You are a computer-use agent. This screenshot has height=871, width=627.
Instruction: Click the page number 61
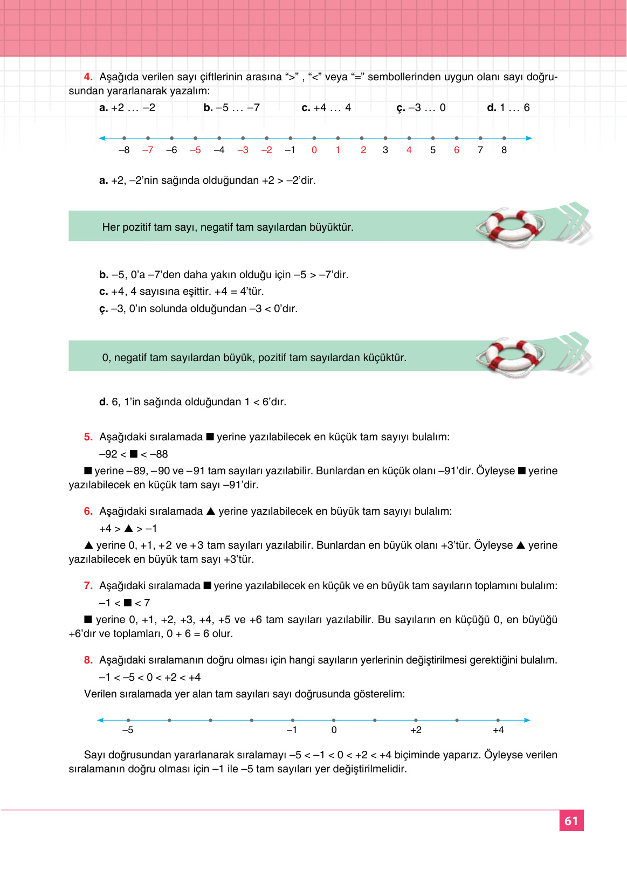(571, 821)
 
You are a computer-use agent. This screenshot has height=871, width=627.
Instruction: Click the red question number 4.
(88, 77)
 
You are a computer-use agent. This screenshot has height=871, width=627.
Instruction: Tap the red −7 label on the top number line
(148, 150)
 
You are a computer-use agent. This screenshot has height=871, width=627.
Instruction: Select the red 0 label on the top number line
(314, 150)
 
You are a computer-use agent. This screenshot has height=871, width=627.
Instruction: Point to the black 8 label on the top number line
(504, 150)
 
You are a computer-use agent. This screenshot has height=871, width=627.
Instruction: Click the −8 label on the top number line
(124, 150)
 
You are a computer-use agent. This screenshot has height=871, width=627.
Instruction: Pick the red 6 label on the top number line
(457, 150)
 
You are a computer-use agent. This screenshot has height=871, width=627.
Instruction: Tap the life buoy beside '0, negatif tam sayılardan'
(510, 357)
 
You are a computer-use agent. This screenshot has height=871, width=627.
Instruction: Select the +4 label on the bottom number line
(498, 730)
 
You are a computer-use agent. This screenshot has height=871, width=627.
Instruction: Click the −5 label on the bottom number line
(128, 730)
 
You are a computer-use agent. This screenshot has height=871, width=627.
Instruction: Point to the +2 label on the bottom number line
(416, 730)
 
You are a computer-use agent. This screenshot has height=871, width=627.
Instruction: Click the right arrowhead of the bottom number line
(527, 720)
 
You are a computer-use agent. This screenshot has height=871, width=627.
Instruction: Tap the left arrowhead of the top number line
(102, 139)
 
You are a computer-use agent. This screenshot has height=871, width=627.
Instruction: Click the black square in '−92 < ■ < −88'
(134, 454)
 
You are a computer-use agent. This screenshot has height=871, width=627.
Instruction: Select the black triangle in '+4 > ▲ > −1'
(129, 528)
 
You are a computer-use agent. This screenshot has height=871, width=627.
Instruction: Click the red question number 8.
(88, 660)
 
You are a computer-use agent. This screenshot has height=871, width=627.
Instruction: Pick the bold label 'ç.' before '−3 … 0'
(401, 108)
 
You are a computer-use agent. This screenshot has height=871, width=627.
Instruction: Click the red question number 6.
(88, 511)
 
